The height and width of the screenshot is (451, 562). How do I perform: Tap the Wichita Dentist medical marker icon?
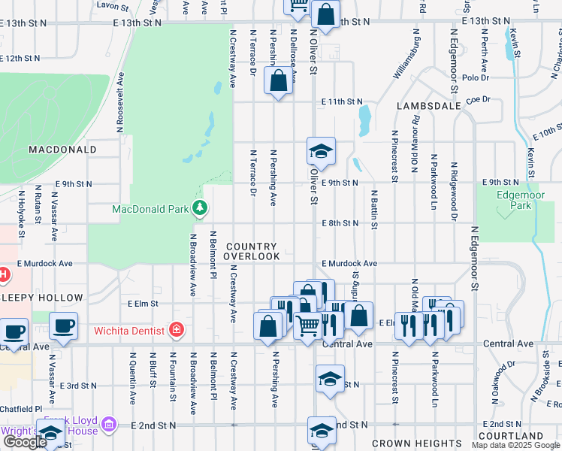[177, 329]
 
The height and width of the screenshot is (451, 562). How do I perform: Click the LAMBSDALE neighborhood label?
[428, 107]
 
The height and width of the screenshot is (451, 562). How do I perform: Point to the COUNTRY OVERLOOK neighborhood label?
[252, 251]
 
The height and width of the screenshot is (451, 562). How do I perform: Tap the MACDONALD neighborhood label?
[62, 150]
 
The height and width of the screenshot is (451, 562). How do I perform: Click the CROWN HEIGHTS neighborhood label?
[417, 443]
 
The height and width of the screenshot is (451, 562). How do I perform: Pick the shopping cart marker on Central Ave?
[307, 326]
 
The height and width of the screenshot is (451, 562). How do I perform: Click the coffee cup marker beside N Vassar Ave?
[64, 326]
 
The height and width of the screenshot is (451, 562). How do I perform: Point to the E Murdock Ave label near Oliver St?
[349, 264]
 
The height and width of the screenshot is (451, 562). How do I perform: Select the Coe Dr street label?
[478, 99]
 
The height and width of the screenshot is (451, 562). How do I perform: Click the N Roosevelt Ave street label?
[119, 103]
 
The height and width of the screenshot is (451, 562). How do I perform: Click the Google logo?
[24, 442]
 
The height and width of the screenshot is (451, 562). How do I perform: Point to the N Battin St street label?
[373, 210]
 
